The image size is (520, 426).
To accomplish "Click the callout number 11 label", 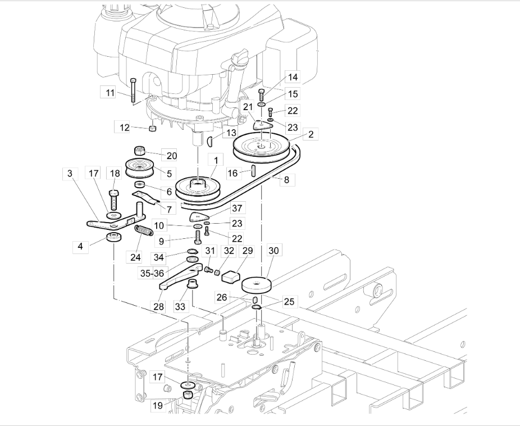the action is (110, 93).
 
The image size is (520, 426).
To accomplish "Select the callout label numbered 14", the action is (293, 77).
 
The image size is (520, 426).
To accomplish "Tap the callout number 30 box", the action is (273, 251).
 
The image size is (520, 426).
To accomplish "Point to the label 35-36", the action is (152, 273).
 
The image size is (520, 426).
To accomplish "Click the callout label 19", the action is (158, 405).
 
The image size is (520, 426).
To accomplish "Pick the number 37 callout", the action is (237, 208).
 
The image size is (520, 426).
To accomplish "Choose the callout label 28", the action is (159, 306).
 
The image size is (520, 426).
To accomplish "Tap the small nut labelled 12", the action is (152, 129).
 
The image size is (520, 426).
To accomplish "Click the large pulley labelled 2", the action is (261, 148).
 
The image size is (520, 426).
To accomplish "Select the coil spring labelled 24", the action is (144, 230).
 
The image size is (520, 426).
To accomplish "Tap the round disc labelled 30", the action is (257, 285).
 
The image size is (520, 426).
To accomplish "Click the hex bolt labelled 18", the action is (114, 200).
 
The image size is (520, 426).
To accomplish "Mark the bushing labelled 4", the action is (113, 238).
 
